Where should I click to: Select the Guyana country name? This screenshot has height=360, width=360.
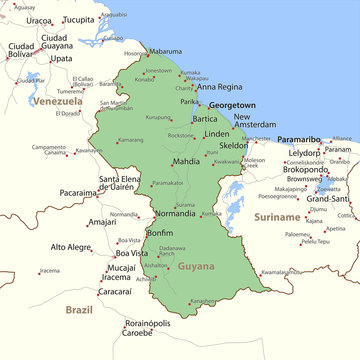tap(196, 267)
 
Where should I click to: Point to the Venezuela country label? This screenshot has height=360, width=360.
tap(54, 102)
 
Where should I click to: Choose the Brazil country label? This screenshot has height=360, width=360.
tap(79, 310)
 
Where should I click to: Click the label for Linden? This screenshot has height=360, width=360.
tap(217, 133)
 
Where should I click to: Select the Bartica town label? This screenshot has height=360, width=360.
tap(205, 119)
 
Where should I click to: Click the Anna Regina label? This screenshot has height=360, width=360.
tap(220, 87)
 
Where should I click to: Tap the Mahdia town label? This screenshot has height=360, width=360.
tap(186, 161)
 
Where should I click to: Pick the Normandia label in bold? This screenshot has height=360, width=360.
tap(175, 213)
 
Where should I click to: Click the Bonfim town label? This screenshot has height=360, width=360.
tap(160, 232)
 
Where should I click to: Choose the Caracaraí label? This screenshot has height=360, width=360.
tap(115, 291)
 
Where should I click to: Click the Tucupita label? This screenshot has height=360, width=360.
tap(80, 19)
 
